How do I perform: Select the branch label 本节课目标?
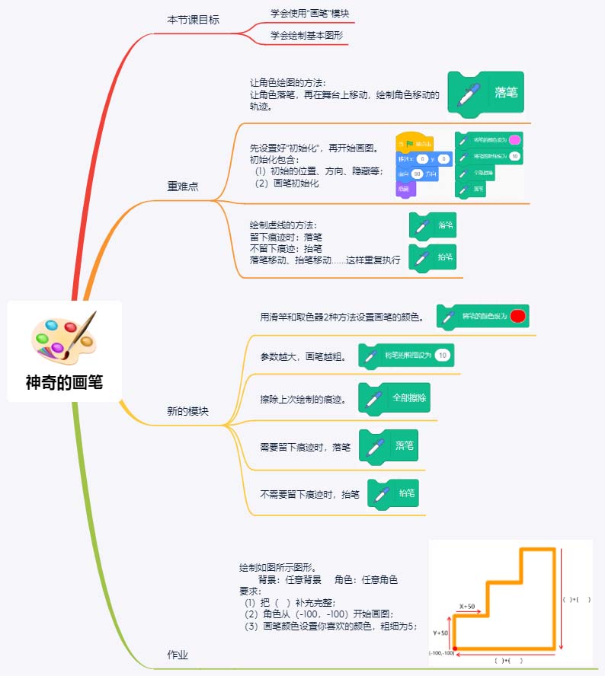click(193, 21)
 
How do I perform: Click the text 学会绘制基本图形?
click(306, 35)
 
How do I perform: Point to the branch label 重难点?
click(183, 187)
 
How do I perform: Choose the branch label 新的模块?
click(187, 411)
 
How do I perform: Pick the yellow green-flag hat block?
click(415, 143)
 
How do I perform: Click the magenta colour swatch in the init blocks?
click(514, 139)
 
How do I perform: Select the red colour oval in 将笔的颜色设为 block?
click(518, 316)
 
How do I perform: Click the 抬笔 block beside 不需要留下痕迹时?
click(395, 493)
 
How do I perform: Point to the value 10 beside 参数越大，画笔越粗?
click(443, 355)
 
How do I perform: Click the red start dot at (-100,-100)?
click(455, 648)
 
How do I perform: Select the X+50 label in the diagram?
click(467, 607)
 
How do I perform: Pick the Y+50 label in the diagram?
click(440, 632)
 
